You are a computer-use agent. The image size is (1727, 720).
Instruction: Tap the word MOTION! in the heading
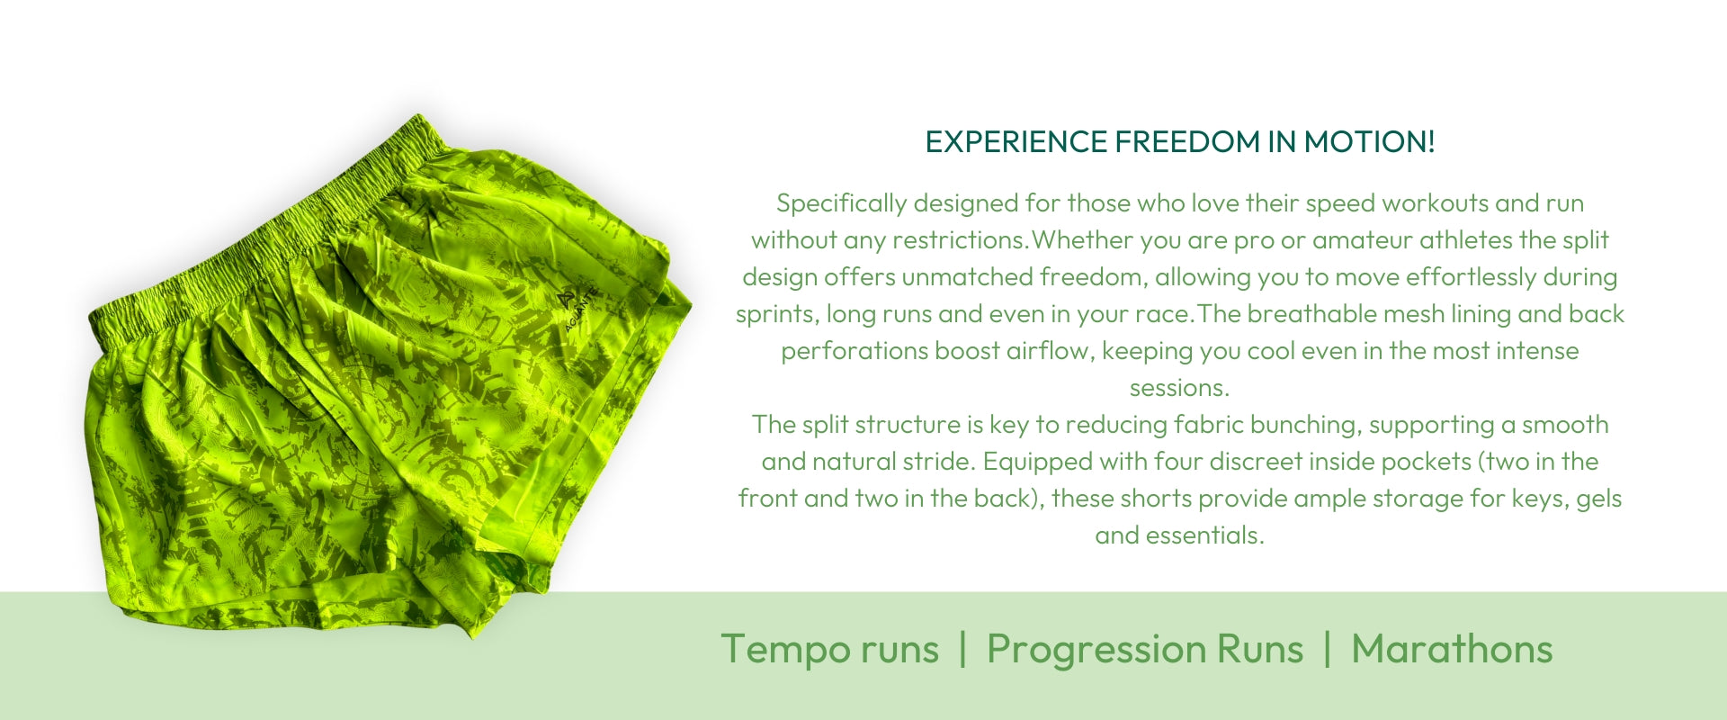coord(1369,142)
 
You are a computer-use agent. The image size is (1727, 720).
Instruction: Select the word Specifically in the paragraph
coord(842,204)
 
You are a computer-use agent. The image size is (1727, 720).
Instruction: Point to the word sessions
coord(1179,389)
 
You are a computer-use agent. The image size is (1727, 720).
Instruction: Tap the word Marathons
coord(1452,649)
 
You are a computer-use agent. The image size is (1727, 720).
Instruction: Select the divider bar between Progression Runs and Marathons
coord(1327,650)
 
